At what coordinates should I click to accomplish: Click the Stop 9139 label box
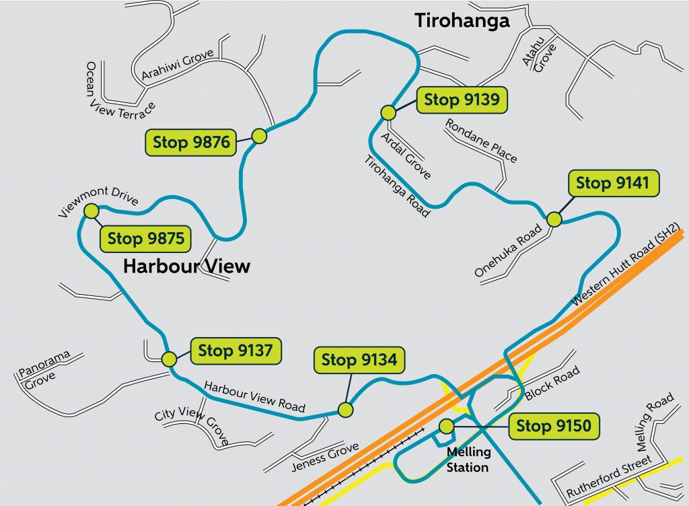coord(462,100)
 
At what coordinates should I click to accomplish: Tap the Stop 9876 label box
coord(192,143)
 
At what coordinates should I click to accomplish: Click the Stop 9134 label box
coord(359,360)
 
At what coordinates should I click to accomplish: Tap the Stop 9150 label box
coord(554,426)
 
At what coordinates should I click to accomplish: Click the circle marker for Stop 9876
coord(260,136)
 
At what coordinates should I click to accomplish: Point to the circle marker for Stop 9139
coord(388,112)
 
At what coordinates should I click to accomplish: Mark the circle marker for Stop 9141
coord(554,219)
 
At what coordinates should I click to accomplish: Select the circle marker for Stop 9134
coord(345,409)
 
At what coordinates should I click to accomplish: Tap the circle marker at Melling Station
coord(445,426)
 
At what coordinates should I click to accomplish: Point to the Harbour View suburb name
coord(186,266)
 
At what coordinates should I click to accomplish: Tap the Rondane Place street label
coord(481,141)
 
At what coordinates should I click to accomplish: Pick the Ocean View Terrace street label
coord(119,89)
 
